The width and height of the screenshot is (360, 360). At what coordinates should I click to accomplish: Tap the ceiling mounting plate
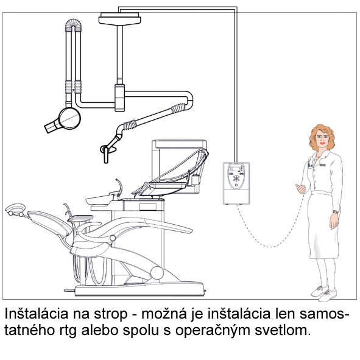tap(119, 19)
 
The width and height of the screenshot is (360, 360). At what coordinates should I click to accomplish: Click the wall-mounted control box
tap(236, 183)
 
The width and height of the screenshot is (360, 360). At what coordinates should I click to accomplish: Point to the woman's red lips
tap(322, 143)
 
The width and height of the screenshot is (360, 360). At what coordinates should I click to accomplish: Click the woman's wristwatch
tap(336, 212)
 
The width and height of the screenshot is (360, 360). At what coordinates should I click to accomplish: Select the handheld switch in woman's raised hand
tap(300, 189)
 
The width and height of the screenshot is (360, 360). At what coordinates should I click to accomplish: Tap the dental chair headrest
tap(15, 210)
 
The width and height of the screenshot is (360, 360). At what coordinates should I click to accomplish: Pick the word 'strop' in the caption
tap(110, 314)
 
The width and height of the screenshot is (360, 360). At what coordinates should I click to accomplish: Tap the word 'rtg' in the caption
tap(68, 331)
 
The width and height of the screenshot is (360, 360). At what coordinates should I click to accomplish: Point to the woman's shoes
tap(323, 293)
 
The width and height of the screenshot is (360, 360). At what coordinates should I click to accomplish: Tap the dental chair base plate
tap(139, 290)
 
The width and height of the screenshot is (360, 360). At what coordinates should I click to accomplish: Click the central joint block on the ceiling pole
tap(119, 98)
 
